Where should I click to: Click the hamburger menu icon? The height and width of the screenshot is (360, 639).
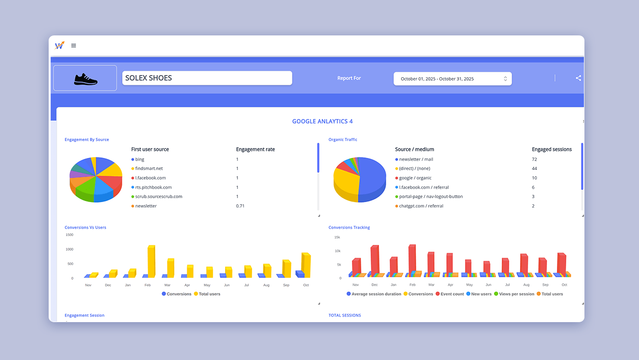coord(74,46)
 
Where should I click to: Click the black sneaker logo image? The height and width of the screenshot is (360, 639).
coord(86,79)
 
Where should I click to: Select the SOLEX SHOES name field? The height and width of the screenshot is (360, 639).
coord(207,78)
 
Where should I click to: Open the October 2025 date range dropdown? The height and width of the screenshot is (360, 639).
coord(452,79)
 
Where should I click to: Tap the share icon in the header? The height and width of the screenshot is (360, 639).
coord(578,78)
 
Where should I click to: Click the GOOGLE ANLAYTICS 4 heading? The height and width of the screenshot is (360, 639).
coord(322,121)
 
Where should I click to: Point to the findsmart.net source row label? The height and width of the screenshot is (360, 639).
coord(149,169)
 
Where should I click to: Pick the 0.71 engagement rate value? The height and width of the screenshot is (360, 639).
coord(240,206)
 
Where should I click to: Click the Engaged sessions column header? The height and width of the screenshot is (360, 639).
coord(552,150)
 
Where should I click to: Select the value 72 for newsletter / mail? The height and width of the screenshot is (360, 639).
coord(534,159)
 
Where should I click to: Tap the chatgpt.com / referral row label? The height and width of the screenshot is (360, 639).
coord(421,206)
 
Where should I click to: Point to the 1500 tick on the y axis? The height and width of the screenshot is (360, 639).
coord(69,235)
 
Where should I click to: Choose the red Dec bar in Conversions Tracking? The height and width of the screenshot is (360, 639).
coord(374,259)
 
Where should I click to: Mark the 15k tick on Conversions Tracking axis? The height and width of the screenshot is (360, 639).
coord(337,238)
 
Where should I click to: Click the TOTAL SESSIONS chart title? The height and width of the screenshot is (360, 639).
coord(345,315)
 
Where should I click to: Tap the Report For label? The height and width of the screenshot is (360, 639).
coord(349,78)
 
